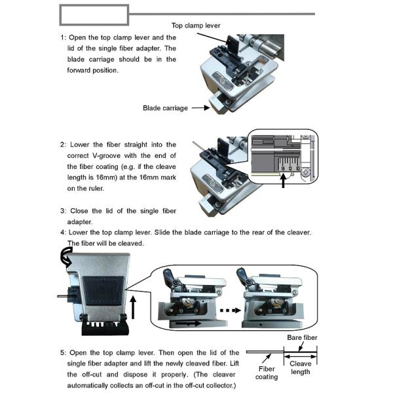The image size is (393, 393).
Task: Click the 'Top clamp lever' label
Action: click(x=195, y=25)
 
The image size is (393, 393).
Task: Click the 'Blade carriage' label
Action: click(x=165, y=107)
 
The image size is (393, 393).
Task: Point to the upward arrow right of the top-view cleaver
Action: click(x=135, y=305)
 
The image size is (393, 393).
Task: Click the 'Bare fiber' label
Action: click(x=303, y=338)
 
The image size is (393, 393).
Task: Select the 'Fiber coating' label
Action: click(x=267, y=372)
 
